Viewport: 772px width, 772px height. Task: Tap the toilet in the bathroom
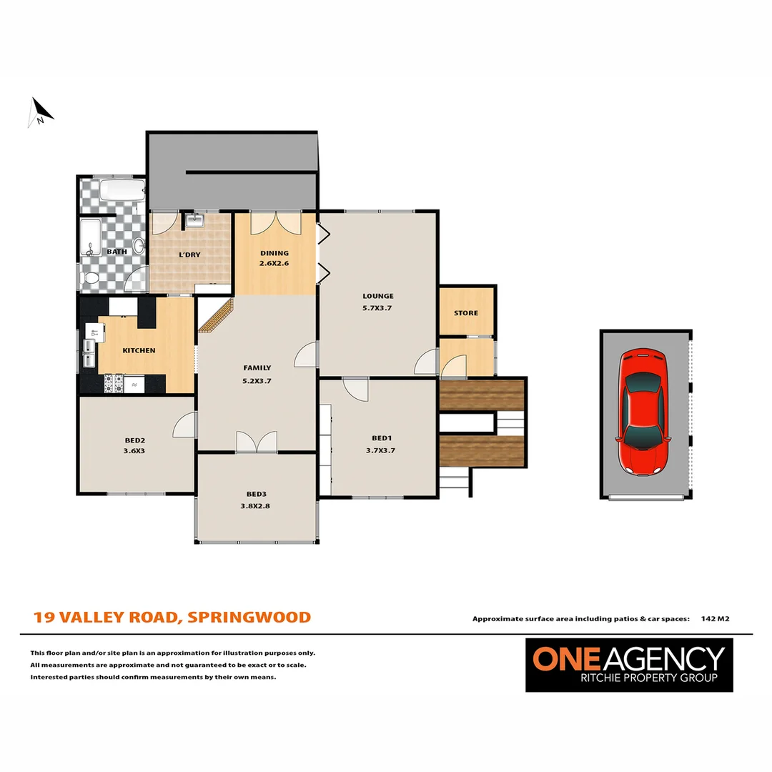click(91, 279)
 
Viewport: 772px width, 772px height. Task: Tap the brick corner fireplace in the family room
click(216, 316)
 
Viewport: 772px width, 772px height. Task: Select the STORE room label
click(465, 313)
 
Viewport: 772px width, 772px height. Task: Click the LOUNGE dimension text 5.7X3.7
click(377, 308)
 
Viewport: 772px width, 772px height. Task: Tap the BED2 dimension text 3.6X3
click(134, 451)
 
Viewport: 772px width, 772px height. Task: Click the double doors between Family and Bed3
click(257, 441)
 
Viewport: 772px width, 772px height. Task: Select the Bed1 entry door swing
click(355, 390)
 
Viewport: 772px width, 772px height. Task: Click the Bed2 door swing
click(185, 426)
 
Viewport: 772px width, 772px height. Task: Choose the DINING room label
click(274, 253)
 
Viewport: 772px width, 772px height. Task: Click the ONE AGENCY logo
click(629, 664)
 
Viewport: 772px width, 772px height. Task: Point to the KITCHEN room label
click(139, 350)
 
